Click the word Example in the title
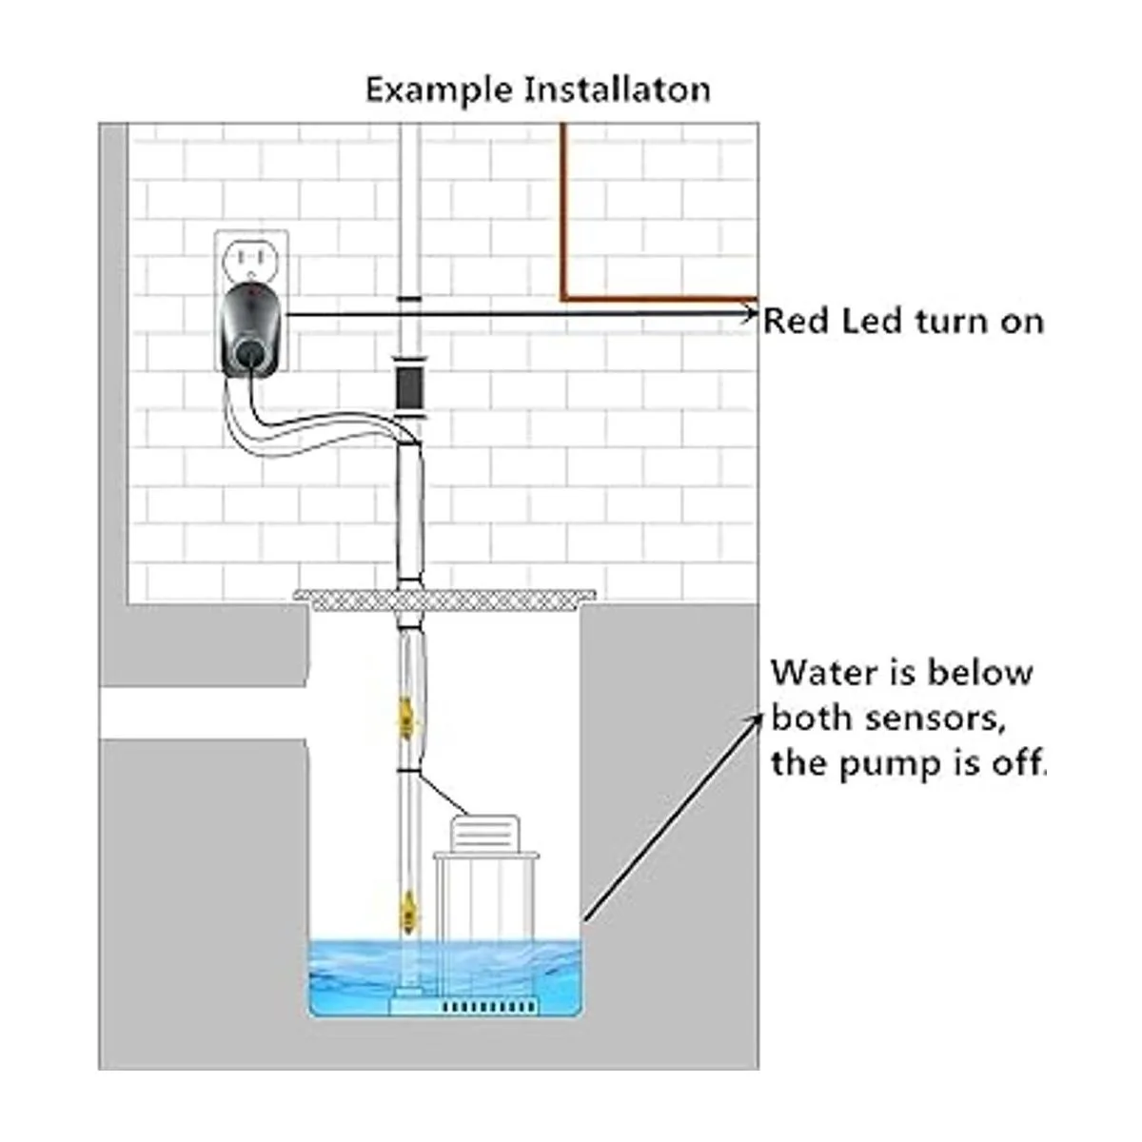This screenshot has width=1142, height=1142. pos(440,91)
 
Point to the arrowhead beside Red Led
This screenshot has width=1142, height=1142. pos(750,312)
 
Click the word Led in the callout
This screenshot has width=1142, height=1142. pos(874,321)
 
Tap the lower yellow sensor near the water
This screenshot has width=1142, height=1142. pos(408,908)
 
